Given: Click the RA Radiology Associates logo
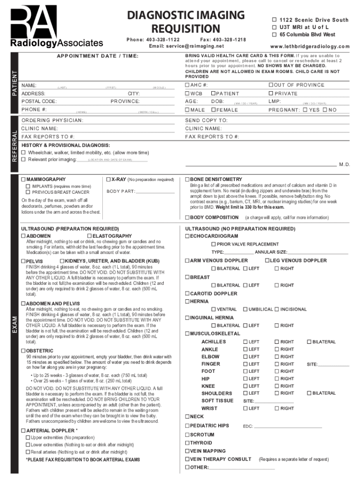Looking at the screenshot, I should tap(57, 26).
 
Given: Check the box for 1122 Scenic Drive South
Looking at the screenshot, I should tap(274, 20).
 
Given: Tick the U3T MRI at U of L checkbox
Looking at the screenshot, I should tap(274, 27).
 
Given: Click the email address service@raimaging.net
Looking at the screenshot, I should tap(187, 46).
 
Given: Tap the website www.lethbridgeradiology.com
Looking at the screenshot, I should tap(310, 46).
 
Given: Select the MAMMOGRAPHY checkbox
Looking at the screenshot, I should tap(24, 179).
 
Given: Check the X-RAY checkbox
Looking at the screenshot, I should tap(108, 179).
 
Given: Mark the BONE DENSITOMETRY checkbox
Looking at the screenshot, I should tap(187, 179).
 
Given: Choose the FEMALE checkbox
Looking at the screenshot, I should tap(213, 110).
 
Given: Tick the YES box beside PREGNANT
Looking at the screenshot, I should tap(305, 110).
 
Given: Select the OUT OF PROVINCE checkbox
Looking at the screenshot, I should tap(270, 85).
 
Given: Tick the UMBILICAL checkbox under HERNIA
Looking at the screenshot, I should tap(245, 309).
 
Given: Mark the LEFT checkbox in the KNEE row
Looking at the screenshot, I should tap(245, 386).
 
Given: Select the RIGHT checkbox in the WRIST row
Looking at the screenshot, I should tap(276, 408).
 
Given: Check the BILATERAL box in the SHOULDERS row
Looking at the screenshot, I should tap(309, 393).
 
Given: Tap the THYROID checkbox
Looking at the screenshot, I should tap(187, 443).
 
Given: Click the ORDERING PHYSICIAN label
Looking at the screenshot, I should tap(52, 121).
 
